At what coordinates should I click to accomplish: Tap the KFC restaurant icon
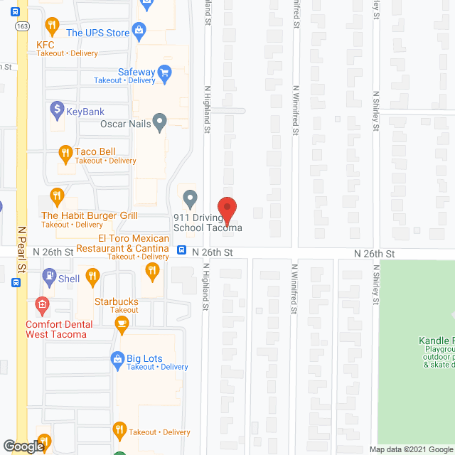point(51,27)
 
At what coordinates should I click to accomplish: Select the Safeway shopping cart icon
point(165,72)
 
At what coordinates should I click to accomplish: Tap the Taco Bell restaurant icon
point(65,152)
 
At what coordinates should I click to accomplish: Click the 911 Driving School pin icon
point(189,198)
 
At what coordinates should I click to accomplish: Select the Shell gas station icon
point(48,274)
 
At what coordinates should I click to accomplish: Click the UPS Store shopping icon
point(139,29)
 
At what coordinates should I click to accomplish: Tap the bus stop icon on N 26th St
point(182,250)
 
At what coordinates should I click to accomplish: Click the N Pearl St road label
point(22,249)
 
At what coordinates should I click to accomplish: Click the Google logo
point(23,446)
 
